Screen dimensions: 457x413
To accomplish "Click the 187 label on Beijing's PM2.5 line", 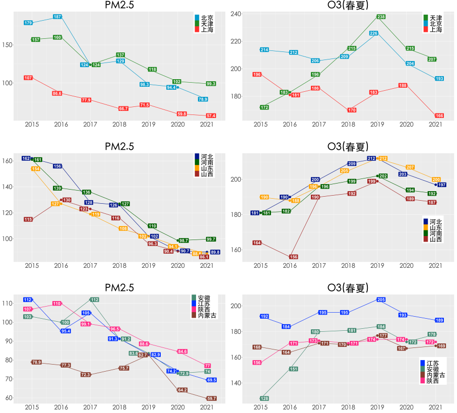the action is click(57, 17).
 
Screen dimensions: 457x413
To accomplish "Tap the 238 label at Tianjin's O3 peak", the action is click(381, 17).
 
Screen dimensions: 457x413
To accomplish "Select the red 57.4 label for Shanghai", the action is click(211, 116).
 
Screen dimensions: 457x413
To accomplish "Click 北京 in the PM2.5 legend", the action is click(207, 18).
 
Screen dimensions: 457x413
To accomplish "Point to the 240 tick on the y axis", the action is click(236, 14).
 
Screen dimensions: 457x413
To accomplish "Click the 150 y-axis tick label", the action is click(7, 45).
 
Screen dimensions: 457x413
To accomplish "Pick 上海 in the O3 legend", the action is click(436, 29).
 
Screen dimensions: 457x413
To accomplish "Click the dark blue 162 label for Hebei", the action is click(26, 158).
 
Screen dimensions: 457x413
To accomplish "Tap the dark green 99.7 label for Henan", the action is click(211, 239).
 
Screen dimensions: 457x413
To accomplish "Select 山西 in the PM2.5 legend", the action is click(207, 174).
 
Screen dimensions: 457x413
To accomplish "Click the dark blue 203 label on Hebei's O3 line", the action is click(403, 174).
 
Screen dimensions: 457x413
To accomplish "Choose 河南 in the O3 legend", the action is click(436, 233).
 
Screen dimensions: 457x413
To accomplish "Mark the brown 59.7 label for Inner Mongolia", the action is click(212, 398).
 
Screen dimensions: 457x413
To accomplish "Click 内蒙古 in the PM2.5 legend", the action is click(207, 316).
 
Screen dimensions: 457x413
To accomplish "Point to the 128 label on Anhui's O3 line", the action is click(265, 398).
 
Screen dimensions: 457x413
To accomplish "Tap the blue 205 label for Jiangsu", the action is click(381, 300).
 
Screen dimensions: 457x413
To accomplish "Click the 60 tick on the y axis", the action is click(9, 398).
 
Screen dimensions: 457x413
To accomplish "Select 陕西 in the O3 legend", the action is click(433, 381).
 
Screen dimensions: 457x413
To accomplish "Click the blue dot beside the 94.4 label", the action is click(178, 87).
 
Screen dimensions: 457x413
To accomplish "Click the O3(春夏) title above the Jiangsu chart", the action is click(348, 288).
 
